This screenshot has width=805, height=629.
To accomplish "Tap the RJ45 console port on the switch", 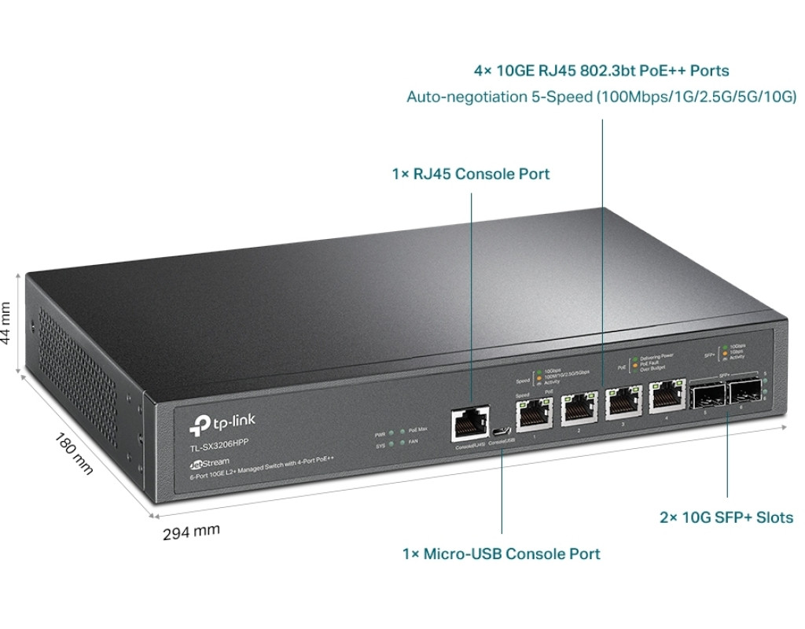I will [470, 425].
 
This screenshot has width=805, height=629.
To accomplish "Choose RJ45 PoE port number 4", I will [665, 396].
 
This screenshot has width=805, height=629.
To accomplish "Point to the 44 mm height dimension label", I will [7, 322].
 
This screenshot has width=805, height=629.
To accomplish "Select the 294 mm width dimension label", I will [191, 532].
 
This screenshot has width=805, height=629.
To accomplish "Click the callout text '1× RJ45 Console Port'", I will [470, 174].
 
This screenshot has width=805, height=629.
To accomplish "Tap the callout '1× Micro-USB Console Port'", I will [501, 554].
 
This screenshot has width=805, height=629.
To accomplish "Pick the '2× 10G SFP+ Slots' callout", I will [726, 517].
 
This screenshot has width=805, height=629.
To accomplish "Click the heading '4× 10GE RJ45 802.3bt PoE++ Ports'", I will [601, 71].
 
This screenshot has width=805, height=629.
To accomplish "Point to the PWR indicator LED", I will [391, 434].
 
